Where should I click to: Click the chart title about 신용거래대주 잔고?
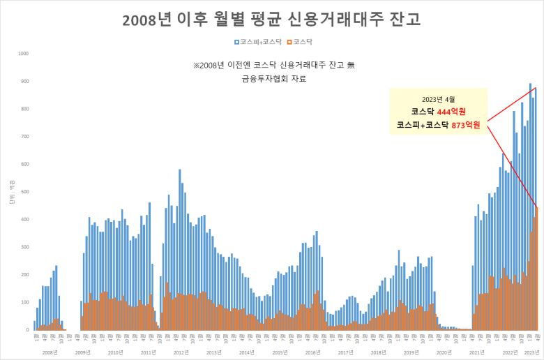click(x=271, y=19)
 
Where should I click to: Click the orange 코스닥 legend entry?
click(x=301, y=43)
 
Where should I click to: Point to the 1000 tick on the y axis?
click(x=23, y=54)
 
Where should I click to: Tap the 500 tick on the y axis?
click(x=24, y=192)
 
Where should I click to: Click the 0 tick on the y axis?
click(x=27, y=330)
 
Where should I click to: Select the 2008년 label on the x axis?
click(x=50, y=353)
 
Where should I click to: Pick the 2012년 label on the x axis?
click(x=181, y=353)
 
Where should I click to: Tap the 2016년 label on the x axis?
click(x=312, y=353)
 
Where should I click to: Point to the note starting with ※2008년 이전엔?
click(x=274, y=65)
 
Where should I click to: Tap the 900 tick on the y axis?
click(x=24, y=82)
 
